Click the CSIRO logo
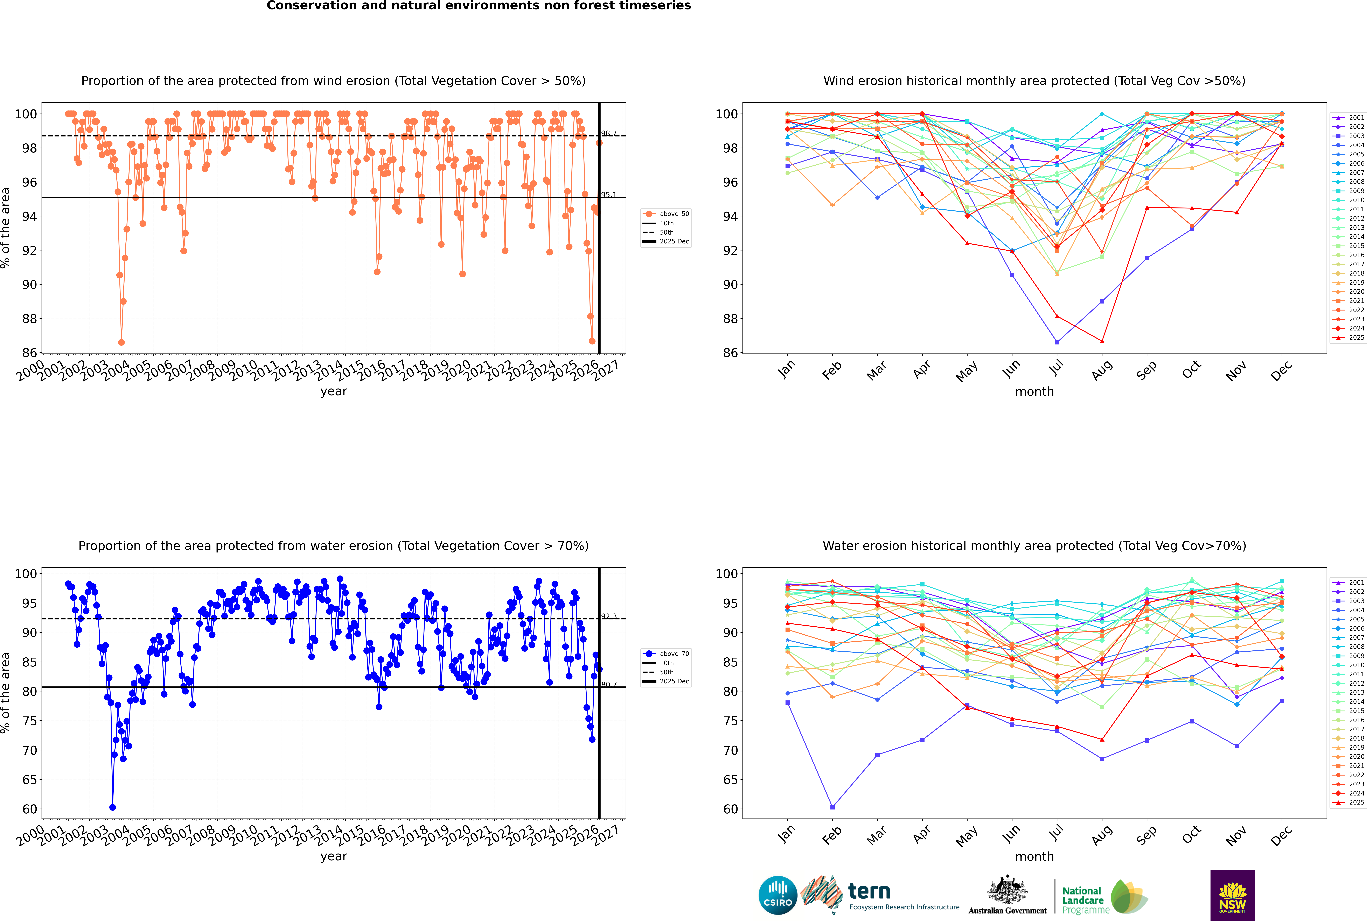pyautogui.click(x=777, y=896)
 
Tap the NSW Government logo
pyautogui.click(x=1232, y=895)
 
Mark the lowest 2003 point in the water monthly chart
pyautogui.click(x=832, y=807)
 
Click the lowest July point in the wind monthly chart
pyautogui.click(x=1057, y=342)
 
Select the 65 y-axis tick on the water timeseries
pyautogui.click(x=29, y=780)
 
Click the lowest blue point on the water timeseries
pyautogui.click(x=113, y=807)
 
